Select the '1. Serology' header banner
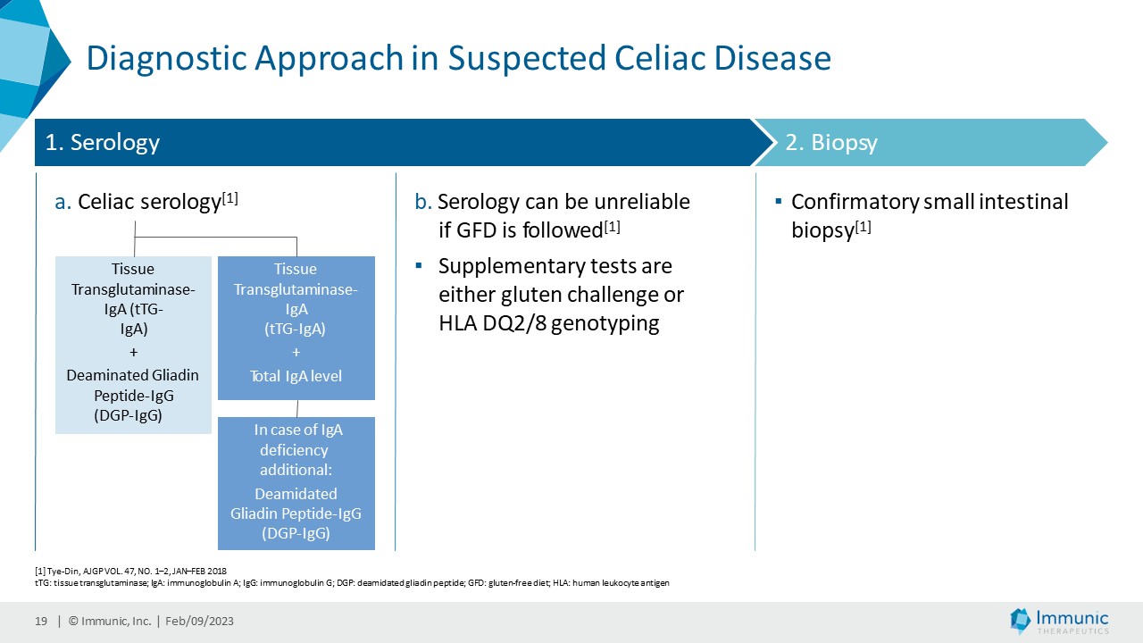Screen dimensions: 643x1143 [393, 143]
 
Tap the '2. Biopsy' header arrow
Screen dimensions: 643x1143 [929, 143]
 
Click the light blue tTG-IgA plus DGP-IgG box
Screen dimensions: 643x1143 [133, 345]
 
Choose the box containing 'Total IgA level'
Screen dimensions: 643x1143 [296, 328]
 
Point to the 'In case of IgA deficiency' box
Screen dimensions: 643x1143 [296, 482]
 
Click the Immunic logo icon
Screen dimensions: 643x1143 [1020, 620]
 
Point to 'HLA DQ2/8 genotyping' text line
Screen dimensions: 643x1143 [549, 323]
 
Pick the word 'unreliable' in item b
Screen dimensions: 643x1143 [641, 202]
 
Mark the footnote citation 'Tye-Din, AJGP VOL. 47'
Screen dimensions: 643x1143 [125, 570]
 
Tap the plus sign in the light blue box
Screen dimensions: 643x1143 [133, 352]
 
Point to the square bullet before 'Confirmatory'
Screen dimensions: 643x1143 [779, 202]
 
